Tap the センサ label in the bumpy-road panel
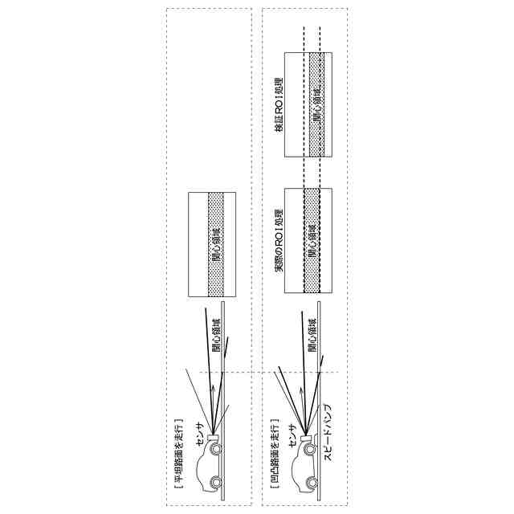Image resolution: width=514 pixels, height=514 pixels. (x=294, y=439)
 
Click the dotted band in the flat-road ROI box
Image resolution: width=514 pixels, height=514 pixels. (x=215, y=246)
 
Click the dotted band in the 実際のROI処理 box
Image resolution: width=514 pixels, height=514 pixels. (x=311, y=241)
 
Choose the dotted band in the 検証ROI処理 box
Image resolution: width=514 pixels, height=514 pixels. (x=311, y=104)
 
